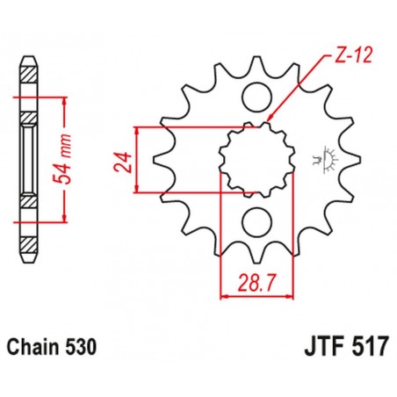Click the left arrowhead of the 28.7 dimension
tap(223, 295)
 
